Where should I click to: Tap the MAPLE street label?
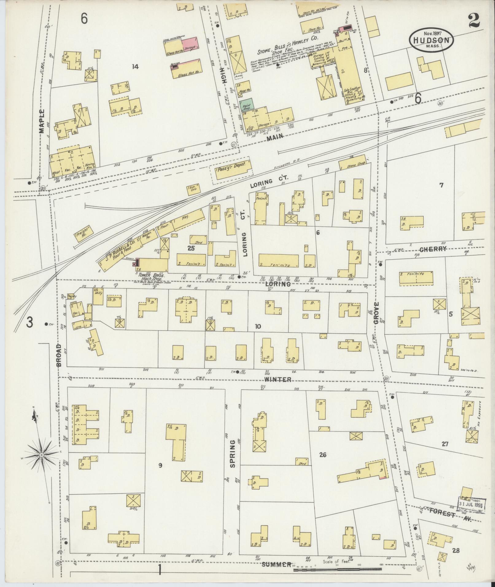(x=42, y=121)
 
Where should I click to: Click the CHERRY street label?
(x=433, y=249)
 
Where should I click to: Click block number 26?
(x=323, y=463)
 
